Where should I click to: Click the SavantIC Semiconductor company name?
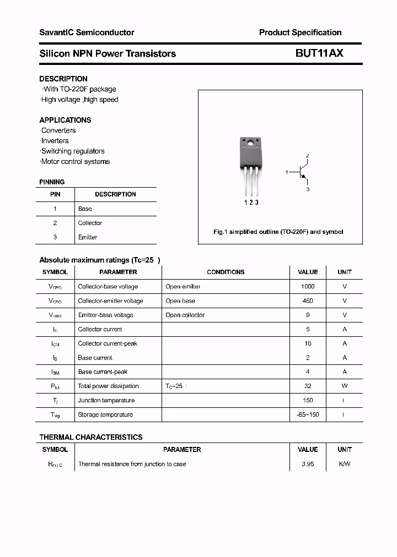point(87,32)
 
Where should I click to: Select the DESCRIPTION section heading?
point(63,79)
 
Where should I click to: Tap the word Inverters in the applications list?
point(55,141)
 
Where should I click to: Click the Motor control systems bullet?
point(76,162)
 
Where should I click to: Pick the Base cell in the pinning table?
point(85,209)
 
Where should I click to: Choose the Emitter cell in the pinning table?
point(88,237)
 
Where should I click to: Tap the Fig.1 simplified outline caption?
point(278,232)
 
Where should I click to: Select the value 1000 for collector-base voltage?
point(308,287)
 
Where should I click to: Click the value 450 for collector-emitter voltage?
point(308,301)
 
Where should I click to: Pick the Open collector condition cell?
point(185,315)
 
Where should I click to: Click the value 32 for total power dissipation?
point(308,386)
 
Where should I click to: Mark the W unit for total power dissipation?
point(345,386)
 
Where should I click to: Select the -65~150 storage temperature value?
point(308,415)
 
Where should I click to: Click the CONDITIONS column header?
point(226,272)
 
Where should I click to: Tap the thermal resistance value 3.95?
point(308,465)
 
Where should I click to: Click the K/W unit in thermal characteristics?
point(345,465)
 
